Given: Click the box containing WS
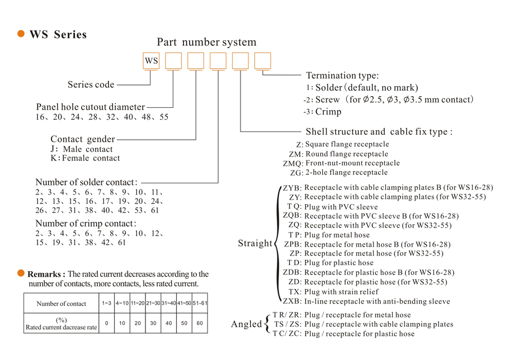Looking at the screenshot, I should [x=151, y=60].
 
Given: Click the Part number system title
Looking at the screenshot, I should [x=206, y=42].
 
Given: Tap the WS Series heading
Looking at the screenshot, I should [x=58, y=35].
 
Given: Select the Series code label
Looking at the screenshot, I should [x=91, y=84].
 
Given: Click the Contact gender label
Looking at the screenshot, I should [x=83, y=139].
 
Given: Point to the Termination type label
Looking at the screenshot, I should [x=342, y=75].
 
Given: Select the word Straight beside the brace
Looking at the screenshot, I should [x=255, y=244].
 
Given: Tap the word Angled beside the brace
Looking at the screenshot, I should [x=246, y=324].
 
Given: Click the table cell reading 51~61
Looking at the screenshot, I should [x=200, y=303].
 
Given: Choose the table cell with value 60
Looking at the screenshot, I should [x=200, y=323].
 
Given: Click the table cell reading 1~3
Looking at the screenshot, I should [x=106, y=303].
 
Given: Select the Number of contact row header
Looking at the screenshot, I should [x=61, y=304].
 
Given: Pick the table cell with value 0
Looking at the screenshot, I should [x=106, y=323].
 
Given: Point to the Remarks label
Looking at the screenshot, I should [x=46, y=274].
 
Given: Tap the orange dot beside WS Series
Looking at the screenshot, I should [x=21, y=34].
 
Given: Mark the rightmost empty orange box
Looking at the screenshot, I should [x=262, y=60].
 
